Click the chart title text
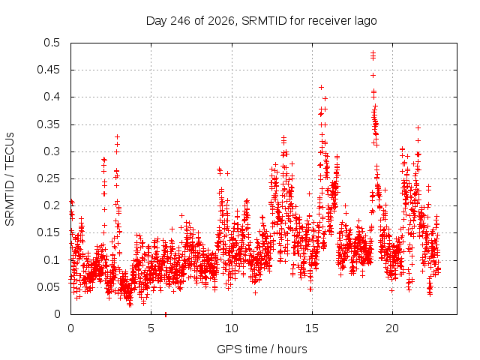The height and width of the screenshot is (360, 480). coord(261,21)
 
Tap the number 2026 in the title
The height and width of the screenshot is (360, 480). coord(220,21)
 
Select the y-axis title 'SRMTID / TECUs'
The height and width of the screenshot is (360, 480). coord(10,179)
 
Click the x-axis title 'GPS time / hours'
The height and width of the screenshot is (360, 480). coord(262,349)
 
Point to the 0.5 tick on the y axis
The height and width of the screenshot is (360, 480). coord(52,43)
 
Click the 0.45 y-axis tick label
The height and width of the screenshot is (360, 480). coord(49,70)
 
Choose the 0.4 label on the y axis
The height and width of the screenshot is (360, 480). coord(52,97)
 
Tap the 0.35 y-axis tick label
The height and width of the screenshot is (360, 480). coord(49,124)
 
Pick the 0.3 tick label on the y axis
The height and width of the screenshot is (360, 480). coord(52,151)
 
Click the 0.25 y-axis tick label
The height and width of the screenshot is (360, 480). coord(49,178)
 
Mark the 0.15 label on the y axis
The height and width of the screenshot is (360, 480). coord(49,232)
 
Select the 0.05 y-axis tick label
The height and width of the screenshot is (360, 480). coord(49,286)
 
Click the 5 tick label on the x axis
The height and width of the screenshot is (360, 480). coord(151,328)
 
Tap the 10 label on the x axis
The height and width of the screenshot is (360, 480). coord(232,328)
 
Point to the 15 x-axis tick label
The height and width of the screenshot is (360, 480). coord(312,328)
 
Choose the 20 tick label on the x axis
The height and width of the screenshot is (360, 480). coord(392,328)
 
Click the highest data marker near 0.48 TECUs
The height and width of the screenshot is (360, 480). coord(373,52)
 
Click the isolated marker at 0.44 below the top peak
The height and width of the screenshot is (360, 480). coord(373,75)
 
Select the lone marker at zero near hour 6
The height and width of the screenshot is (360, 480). coord(166,313)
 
